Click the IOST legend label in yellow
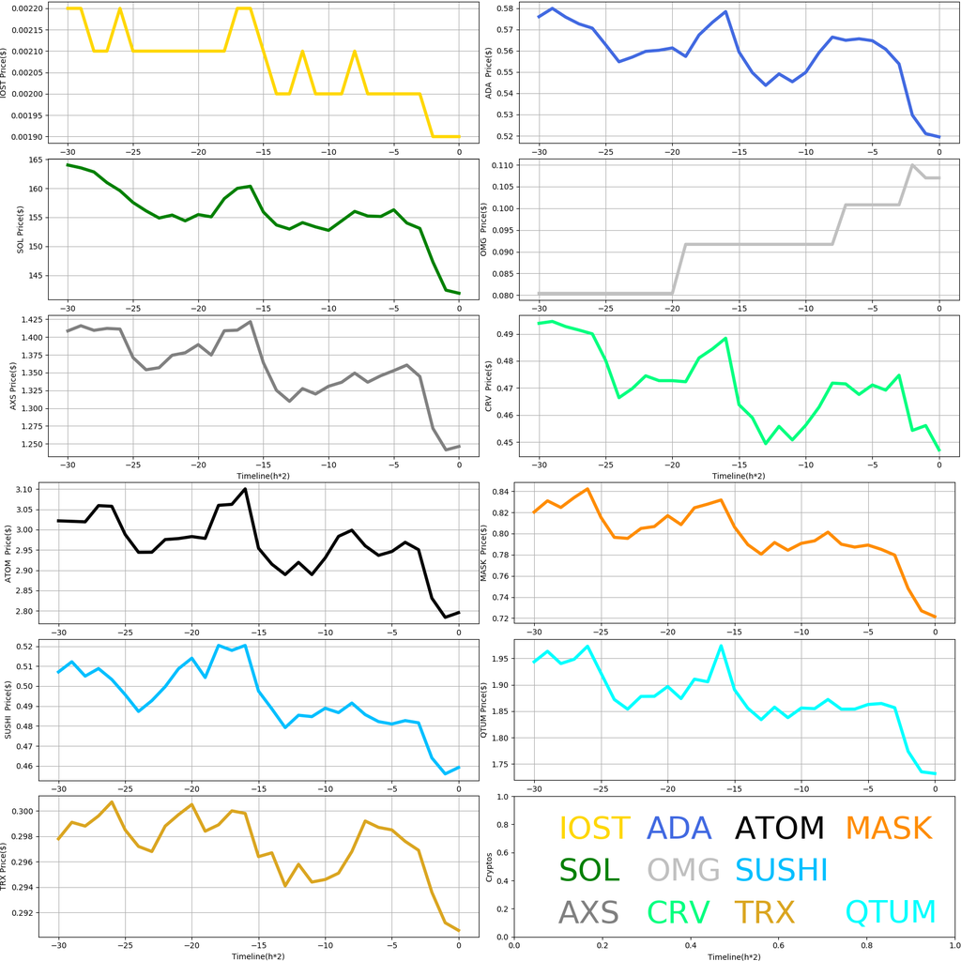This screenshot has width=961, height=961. [x=594, y=828]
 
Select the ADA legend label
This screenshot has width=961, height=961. [x=679, y=828]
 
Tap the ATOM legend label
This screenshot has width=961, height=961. [x=779, y=828]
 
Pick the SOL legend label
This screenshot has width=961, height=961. [x=589, y=870]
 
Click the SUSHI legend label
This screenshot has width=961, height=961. [x=782, y=870]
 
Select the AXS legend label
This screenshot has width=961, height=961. [x=588, y=912]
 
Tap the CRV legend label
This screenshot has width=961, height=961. [x=679, y=912]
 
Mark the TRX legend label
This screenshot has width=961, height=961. [x=764, y=912]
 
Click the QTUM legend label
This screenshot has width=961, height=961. [x=891, y=912]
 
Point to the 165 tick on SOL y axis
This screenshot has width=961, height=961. [x=38, y=161]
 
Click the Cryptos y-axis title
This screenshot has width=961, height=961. [x=487, y=866]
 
